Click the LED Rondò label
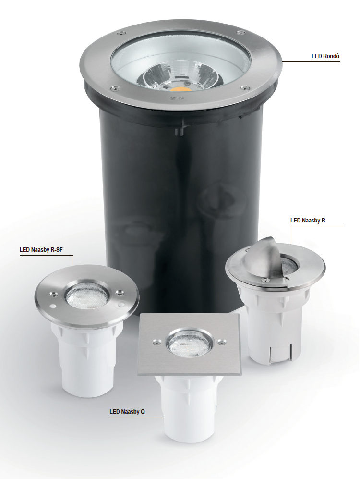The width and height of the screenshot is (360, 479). tap(325, 56)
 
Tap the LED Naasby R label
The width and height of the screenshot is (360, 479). tap(308, 220)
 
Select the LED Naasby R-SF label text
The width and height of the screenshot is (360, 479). tap(41, 250)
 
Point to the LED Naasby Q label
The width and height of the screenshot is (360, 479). tap(127, 412)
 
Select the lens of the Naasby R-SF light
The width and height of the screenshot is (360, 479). tap(87, 296)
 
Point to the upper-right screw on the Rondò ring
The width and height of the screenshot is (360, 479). tap(240, 32)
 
